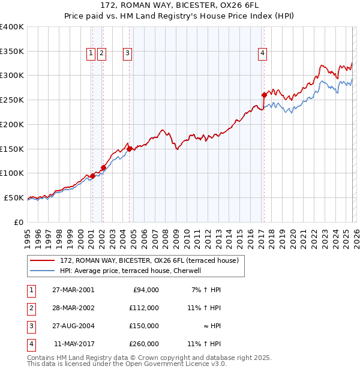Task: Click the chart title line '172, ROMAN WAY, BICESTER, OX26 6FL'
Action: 180,6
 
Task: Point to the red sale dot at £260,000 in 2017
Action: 264,95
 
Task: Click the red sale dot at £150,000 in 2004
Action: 130,148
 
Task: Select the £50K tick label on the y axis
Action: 14,197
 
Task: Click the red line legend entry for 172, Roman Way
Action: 149,260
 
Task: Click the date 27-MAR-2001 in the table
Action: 73,290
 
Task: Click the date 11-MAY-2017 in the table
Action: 74,344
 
